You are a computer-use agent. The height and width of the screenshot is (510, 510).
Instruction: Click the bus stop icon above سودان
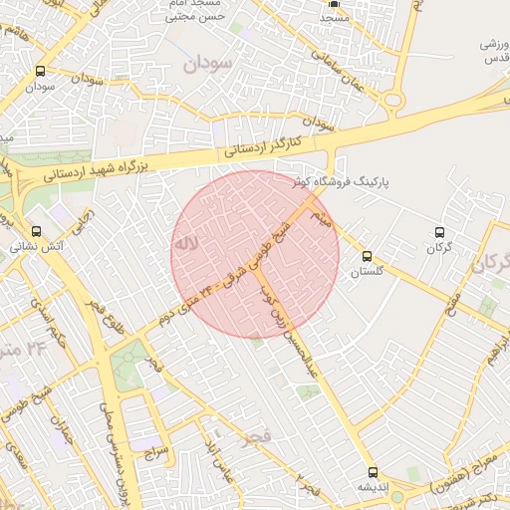tap(40, 71)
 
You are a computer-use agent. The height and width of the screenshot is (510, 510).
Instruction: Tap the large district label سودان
tap(207, 63)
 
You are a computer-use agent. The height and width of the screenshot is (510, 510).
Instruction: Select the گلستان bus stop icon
tap(369, 256)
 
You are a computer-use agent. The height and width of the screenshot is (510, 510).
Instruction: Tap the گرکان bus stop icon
tap(439, 232)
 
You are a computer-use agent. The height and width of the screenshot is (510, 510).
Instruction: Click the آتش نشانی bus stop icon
tap(36, 231)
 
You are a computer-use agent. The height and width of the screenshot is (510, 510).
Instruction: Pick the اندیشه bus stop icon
tap(373, 472)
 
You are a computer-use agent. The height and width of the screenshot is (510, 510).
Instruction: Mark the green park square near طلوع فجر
tap(127, 366)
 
